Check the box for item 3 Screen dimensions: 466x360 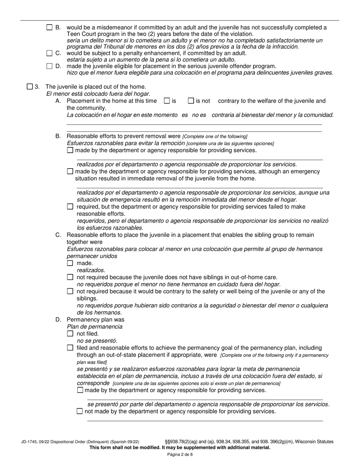coord(30,87)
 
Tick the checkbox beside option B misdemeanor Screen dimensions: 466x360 coord(50,27)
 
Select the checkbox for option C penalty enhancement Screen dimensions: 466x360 coord(50,53)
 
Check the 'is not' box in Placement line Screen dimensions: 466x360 coord(191,101)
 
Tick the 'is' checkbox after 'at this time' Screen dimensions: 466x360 coord(167,101)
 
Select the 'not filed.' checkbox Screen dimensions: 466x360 coord(70,334)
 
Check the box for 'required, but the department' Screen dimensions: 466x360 coord(70,207)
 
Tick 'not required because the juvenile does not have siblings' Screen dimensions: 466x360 coord(70,277)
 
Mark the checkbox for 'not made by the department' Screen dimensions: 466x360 coord(80,411)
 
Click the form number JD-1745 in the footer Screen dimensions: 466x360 coord(30,442)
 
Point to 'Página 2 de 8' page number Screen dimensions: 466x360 coord(180,455)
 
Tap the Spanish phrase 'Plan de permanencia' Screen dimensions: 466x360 coord(94,327)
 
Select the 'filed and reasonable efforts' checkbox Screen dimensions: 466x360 coord(70,348)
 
